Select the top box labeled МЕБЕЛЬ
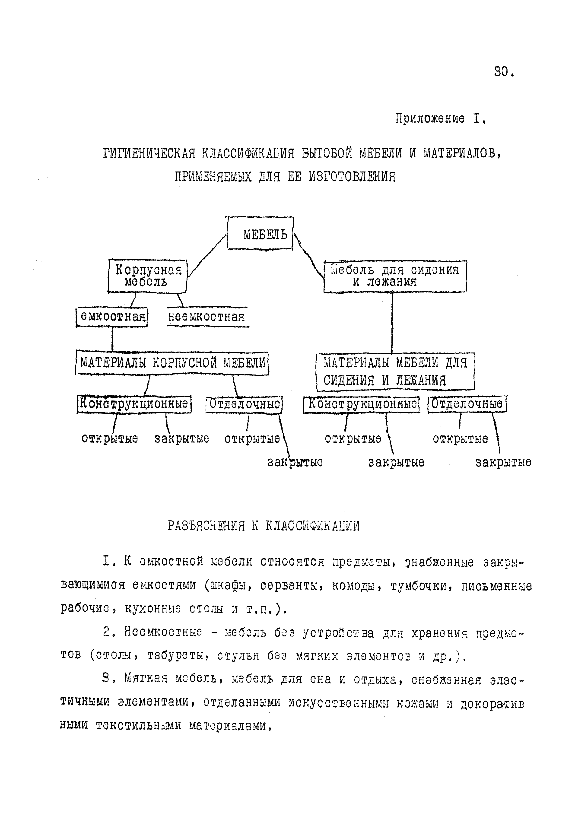tap(260, 234)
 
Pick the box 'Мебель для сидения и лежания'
tap(395, 276)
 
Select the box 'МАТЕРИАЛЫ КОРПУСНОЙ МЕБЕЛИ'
tap(172, 363)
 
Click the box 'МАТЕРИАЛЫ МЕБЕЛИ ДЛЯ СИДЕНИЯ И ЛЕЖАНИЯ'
tap(395, 371)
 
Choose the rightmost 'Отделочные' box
tap(467, 404)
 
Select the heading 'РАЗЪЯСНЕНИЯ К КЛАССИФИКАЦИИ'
tap(264, 526)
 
